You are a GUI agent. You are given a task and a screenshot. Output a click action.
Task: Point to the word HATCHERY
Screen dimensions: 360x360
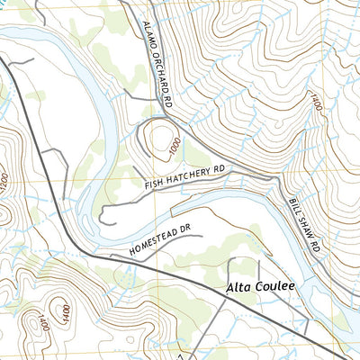(188, 175)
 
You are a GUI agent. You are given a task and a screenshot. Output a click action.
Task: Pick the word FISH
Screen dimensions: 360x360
(155, 183)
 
